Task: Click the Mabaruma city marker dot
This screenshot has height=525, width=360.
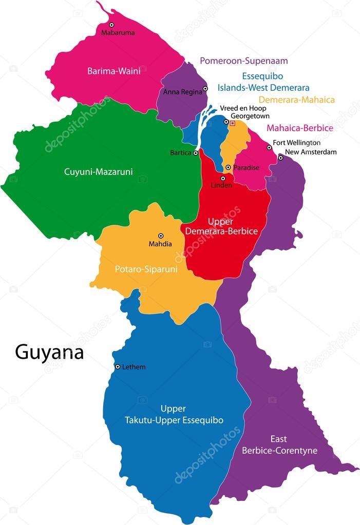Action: coord(111,25)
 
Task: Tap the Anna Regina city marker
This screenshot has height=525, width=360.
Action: coord(205,89)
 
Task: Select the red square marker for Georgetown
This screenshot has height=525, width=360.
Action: coord(232,123)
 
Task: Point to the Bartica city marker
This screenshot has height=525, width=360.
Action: coord(196,153)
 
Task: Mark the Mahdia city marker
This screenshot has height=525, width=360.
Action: coord(160,236)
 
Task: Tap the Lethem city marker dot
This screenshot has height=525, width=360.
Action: coord(118,367)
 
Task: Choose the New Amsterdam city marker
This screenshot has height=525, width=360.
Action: coord(280,158)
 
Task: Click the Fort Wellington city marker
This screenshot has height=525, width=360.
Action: coord(269,148)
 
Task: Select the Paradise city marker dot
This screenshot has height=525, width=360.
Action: coord(228,168)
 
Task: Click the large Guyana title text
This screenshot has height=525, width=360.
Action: coord(49,353)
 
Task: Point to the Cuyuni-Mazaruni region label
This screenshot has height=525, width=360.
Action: coord(98,172)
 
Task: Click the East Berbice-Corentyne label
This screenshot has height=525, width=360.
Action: coord(279,445)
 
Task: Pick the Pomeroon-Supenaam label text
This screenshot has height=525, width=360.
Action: coord(243,61)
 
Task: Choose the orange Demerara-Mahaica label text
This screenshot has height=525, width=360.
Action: coord(296,100)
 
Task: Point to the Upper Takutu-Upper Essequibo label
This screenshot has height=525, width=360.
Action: coord(174,415)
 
